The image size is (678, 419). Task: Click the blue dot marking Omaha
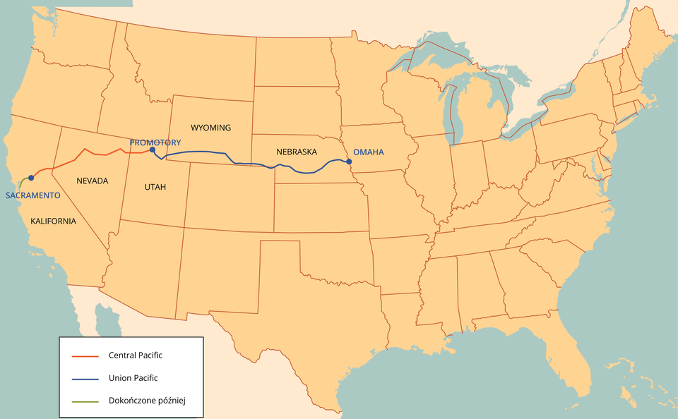(x=348, y=162)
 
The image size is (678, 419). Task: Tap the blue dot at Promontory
(x=153, y=150)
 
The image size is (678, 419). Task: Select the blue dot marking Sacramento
(x=31, y=178)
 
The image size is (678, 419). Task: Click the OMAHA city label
(x=368, y=152)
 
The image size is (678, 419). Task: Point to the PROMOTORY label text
(x=155, y=142)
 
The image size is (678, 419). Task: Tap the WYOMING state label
(x=210, y=128)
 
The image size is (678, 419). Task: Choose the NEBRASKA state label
(x=297, y=152)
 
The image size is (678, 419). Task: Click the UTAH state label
(x=155, y=187)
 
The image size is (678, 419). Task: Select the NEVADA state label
(x=93, y=181)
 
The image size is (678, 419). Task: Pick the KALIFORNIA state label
(x=53, y=221)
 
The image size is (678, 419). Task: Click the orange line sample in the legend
(x=85, y=356)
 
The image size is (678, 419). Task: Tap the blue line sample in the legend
(x=85, y=379)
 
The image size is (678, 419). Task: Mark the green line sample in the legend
(x=85, y=401)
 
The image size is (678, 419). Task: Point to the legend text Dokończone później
(x=146, y=401)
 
